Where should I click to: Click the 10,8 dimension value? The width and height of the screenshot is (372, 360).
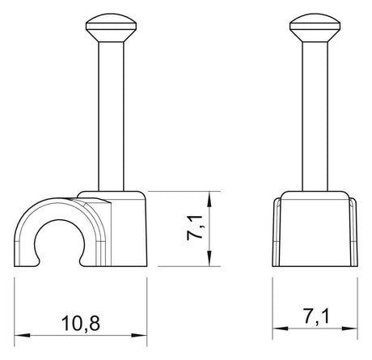[81, 324]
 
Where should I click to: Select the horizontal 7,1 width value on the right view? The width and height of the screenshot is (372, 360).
[316, 316]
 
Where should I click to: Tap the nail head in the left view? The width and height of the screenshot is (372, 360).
[111, 23]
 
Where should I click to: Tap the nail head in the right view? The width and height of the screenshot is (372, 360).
[315, 23]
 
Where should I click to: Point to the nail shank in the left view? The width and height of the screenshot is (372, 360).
[111, 116]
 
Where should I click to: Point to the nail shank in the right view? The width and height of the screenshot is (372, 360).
[315, 116]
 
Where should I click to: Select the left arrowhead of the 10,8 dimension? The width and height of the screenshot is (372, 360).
[22, 336]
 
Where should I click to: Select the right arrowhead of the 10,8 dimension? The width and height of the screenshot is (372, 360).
[139, 336]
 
